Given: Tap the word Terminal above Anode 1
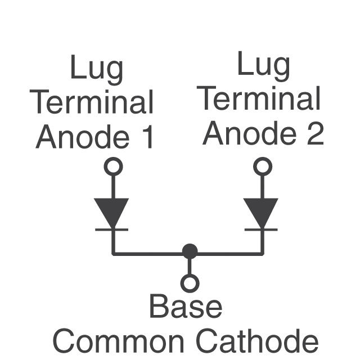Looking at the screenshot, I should tap(92, 103).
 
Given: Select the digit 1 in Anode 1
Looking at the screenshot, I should tap(147, 137).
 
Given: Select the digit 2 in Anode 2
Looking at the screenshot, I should tap(315, 133).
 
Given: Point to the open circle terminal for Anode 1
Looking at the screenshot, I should tap(114, 166).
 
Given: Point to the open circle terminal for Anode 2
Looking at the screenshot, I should tap(263, 166).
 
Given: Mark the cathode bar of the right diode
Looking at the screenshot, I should tap(262, 229).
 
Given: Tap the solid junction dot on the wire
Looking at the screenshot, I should tap(190, 251).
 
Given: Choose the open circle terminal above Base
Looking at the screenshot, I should tap(190, 283).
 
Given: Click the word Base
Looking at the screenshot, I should tap(186, 307).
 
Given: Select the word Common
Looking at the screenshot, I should tap(118, 340).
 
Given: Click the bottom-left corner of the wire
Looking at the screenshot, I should tap(113, 254).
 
